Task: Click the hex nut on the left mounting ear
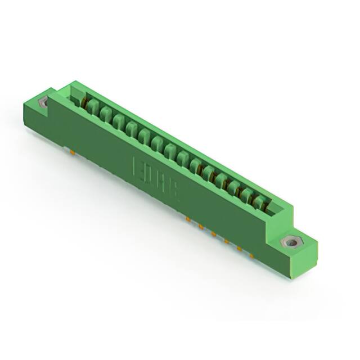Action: pyautogui.click(x=43, y=102)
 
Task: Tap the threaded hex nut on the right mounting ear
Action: pyautogui.click(x=290, y=243)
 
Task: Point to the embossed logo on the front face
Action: pyautogui.click(x=155, y=178)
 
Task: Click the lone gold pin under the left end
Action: pyautogui.click(x=74, y=151)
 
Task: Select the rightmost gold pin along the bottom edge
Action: pyautogui.click(x=251, y=255)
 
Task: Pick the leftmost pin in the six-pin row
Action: pyautogui.click(x=188, y=218)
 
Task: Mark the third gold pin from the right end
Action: pyautogui.click(x=226, y=241)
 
